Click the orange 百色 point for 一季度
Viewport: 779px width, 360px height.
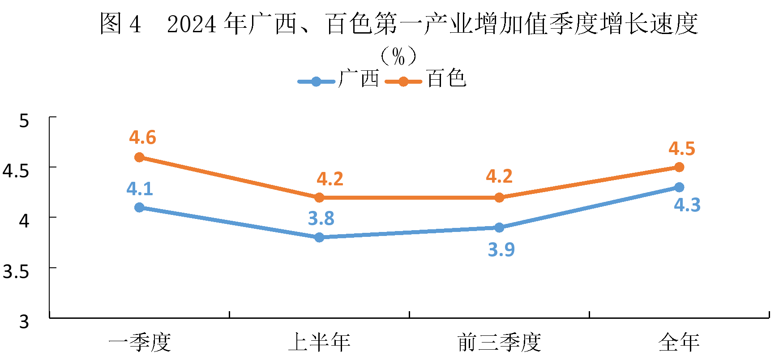point(139,158)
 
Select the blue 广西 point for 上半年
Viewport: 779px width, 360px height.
point(319,237)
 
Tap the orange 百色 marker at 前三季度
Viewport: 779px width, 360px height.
point(499,197)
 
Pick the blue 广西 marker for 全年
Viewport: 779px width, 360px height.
point(679,187)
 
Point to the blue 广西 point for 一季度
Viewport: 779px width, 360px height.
point(139,207)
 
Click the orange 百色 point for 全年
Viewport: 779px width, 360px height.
point(679,167)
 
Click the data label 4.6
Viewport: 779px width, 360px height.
point(142,137)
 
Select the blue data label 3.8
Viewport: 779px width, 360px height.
point(321,219)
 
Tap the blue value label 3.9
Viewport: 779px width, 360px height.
point(501,249)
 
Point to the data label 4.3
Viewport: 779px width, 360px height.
point(687,205)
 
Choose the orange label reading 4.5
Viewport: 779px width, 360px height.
point(682,149)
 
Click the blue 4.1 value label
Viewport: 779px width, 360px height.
point(140,189)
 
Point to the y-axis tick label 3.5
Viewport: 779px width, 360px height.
point(16,271)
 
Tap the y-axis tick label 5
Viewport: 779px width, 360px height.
point(24,120)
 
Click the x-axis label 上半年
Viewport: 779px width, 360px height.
point(319,343)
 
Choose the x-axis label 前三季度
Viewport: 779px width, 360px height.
point(499,343)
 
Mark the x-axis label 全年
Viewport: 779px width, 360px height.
point(679,343)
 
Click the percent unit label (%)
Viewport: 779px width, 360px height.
point(398,56)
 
